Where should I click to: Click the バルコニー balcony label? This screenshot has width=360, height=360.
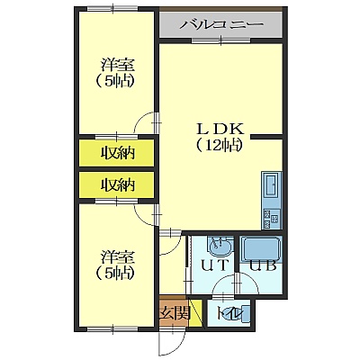point(221,24)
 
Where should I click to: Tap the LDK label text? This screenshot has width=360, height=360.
point(220,130)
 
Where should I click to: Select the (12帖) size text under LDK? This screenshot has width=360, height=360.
point(219,146)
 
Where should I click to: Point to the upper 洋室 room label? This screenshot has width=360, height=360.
point(117,65)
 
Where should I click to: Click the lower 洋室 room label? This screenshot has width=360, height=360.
point(117,257)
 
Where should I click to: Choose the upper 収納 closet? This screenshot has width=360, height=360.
point(117,153)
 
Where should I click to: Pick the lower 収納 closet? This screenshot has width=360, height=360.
point(117,184)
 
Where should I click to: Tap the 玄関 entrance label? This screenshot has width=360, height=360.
point(175,314)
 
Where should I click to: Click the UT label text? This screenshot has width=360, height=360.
point(214,265)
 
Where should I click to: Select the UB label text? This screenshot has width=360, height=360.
point(263,265)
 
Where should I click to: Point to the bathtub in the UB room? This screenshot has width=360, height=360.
point(261,249)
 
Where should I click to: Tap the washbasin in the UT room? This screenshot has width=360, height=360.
point(220,246)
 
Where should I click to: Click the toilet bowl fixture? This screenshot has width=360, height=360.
point(244,314)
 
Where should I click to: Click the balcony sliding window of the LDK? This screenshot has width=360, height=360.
point(221,40)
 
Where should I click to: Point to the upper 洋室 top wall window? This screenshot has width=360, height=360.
point(112,8)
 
